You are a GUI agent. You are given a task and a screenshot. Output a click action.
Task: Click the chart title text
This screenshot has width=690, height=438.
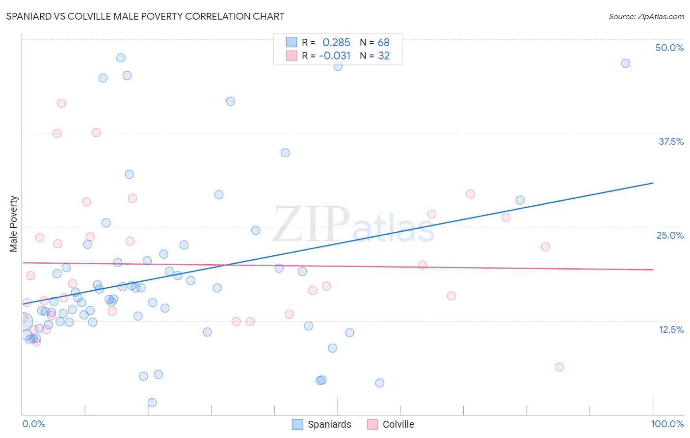click(145, 16)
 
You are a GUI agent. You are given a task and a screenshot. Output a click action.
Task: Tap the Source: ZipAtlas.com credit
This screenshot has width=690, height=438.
click(646, 16)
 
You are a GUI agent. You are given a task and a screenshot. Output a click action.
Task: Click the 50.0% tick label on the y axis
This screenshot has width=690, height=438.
click(669, 48)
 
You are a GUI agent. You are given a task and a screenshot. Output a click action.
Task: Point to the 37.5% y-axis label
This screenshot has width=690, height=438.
click(670, 141)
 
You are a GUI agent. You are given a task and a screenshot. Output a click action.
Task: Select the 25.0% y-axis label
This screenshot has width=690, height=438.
click(669, 235)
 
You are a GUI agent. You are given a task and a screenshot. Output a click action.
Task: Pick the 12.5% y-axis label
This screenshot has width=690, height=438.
click(670, 329)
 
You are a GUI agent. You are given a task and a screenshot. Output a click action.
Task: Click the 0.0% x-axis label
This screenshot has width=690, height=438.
click(33, 424)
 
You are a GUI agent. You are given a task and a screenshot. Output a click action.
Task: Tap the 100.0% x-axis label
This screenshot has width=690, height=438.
click(667, 424)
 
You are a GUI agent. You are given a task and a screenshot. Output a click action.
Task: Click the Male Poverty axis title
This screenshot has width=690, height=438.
click(14, 224)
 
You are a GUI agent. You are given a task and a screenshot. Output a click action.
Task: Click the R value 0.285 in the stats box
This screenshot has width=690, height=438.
click(336, 42)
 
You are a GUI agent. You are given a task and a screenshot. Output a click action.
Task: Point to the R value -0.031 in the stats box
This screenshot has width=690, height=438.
click(335, 55)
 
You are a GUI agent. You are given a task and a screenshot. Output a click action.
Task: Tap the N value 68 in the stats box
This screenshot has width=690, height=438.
click(383, 42)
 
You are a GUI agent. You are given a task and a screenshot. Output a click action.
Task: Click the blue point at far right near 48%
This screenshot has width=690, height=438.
click(625, 63)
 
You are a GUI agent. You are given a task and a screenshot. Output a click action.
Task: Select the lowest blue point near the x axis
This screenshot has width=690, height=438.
click(152, 403)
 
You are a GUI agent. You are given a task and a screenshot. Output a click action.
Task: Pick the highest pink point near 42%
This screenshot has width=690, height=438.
click(61, 103)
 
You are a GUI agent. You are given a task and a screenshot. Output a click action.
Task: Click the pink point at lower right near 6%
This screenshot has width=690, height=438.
click(559, 367)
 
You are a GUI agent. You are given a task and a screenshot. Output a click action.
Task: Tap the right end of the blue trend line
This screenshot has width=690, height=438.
click(653, 183)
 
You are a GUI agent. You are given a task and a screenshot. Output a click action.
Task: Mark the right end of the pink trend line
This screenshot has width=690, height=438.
click(653, 270)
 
